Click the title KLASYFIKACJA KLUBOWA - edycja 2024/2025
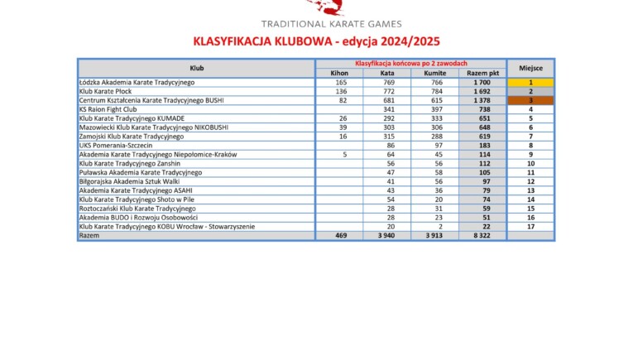pos(316,41)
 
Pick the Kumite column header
pos(434,73)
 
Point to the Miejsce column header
pos(530,68)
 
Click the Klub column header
pos(197,68)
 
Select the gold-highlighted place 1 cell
pos(530,83)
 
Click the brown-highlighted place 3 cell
pos(530,100)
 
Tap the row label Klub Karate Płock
pos(104,91)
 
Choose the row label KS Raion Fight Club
pos(107,109)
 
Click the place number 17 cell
pos(530,226)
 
